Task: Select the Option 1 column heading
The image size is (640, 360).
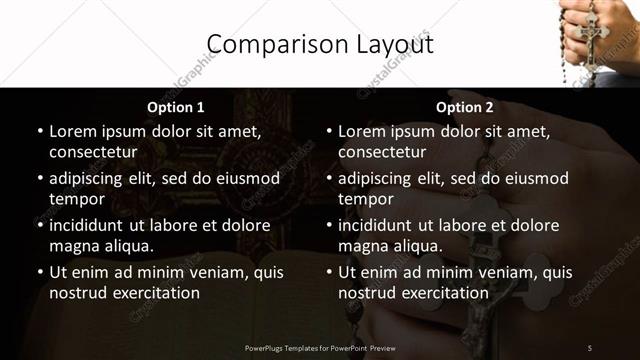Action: (x=176, y=107)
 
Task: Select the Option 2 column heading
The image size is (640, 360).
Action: (x=465, y=107)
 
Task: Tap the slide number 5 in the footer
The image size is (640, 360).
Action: (x=589, y=347)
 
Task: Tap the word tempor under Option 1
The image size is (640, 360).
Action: (x=73, y=199)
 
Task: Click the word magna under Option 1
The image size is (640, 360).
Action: (x=73, y=246)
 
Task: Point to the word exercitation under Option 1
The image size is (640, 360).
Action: (x=156, y=293)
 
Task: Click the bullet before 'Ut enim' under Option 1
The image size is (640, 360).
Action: (x=39, y=272)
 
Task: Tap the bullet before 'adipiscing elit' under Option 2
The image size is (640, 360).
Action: (x=328, y=178)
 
